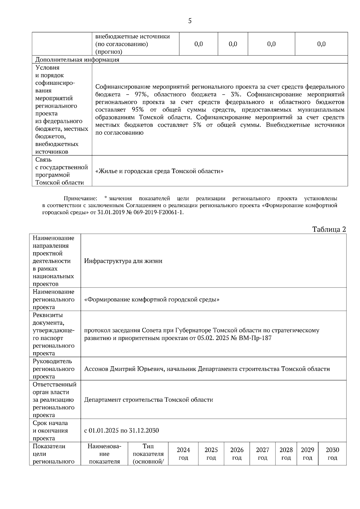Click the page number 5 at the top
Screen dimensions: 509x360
tap(190, 21)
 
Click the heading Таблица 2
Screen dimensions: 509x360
tap(329, 229)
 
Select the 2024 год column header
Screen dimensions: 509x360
tap(183, 454)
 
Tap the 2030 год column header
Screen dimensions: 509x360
tap(332, 454)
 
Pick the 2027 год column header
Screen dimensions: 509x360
tap(262, 454)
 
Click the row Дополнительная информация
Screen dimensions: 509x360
tap(77, 60)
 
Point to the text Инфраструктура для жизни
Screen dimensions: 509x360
tap(123, 261)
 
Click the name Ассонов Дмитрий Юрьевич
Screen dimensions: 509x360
tap(124, 369)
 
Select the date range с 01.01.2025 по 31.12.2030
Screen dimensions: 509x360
tap(121, 430)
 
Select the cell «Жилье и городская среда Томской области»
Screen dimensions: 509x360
tap(159, 171)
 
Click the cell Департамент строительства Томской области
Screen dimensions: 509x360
tap(148, 400)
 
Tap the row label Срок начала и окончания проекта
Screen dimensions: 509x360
tap(50, 430)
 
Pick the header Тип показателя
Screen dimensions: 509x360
tap(148, 454)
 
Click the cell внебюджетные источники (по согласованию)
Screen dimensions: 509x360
tap(132, 44)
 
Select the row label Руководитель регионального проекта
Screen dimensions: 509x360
tap(53, 369)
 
